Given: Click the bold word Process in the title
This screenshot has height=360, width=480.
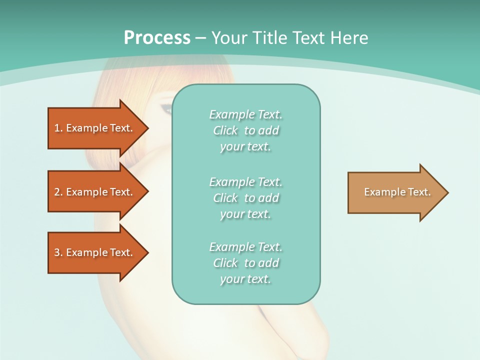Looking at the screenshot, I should (157, 38).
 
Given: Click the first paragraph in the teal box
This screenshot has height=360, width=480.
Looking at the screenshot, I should (245, 130).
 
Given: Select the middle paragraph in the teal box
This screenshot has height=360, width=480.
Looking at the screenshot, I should (245, 198).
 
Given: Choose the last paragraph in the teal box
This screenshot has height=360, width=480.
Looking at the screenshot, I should (245, 263).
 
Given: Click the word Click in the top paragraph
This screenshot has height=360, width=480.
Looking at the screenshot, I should (225, 131).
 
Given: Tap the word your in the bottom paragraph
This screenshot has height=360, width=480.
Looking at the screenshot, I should (231, 279).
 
